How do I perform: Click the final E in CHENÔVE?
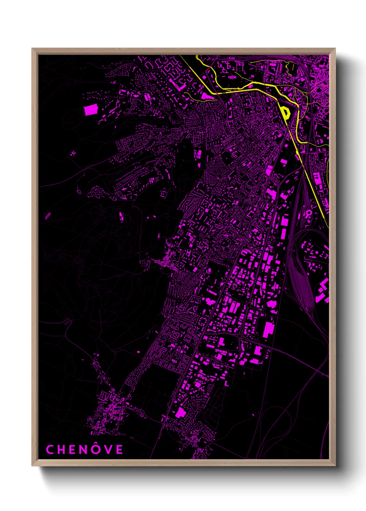[x=119, y=449]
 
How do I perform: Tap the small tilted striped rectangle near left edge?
[x=48, y=216]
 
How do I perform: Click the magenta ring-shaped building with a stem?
[x=308, y=213]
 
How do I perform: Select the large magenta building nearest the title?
[x=181, y=412]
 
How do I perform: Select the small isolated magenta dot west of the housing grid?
[x=138, y=351]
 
